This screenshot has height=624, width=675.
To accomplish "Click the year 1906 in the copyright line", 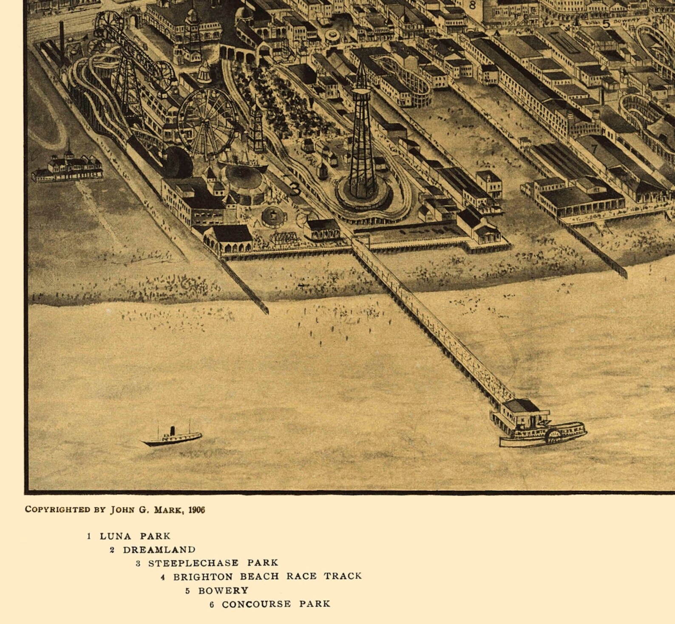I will (196, 510).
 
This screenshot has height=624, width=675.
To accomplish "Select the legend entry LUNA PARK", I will (135, 536).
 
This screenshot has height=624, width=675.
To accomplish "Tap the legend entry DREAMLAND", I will (159, 550).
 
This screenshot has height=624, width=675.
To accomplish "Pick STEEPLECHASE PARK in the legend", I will (213, 563).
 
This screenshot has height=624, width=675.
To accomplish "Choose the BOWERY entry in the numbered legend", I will (223, 590).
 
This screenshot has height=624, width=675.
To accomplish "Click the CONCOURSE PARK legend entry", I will (276, 604).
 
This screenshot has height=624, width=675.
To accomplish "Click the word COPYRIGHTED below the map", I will (57, 509).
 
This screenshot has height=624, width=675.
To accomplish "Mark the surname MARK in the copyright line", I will (167, 510).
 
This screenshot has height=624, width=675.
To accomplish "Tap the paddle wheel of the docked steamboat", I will (553, 436).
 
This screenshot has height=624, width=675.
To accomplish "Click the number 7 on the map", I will (594, 149).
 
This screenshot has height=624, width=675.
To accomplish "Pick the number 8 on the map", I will (472, 6).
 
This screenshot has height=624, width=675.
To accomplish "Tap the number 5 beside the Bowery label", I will (606, 24).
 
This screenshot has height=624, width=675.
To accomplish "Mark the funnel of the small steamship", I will (173, 431).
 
